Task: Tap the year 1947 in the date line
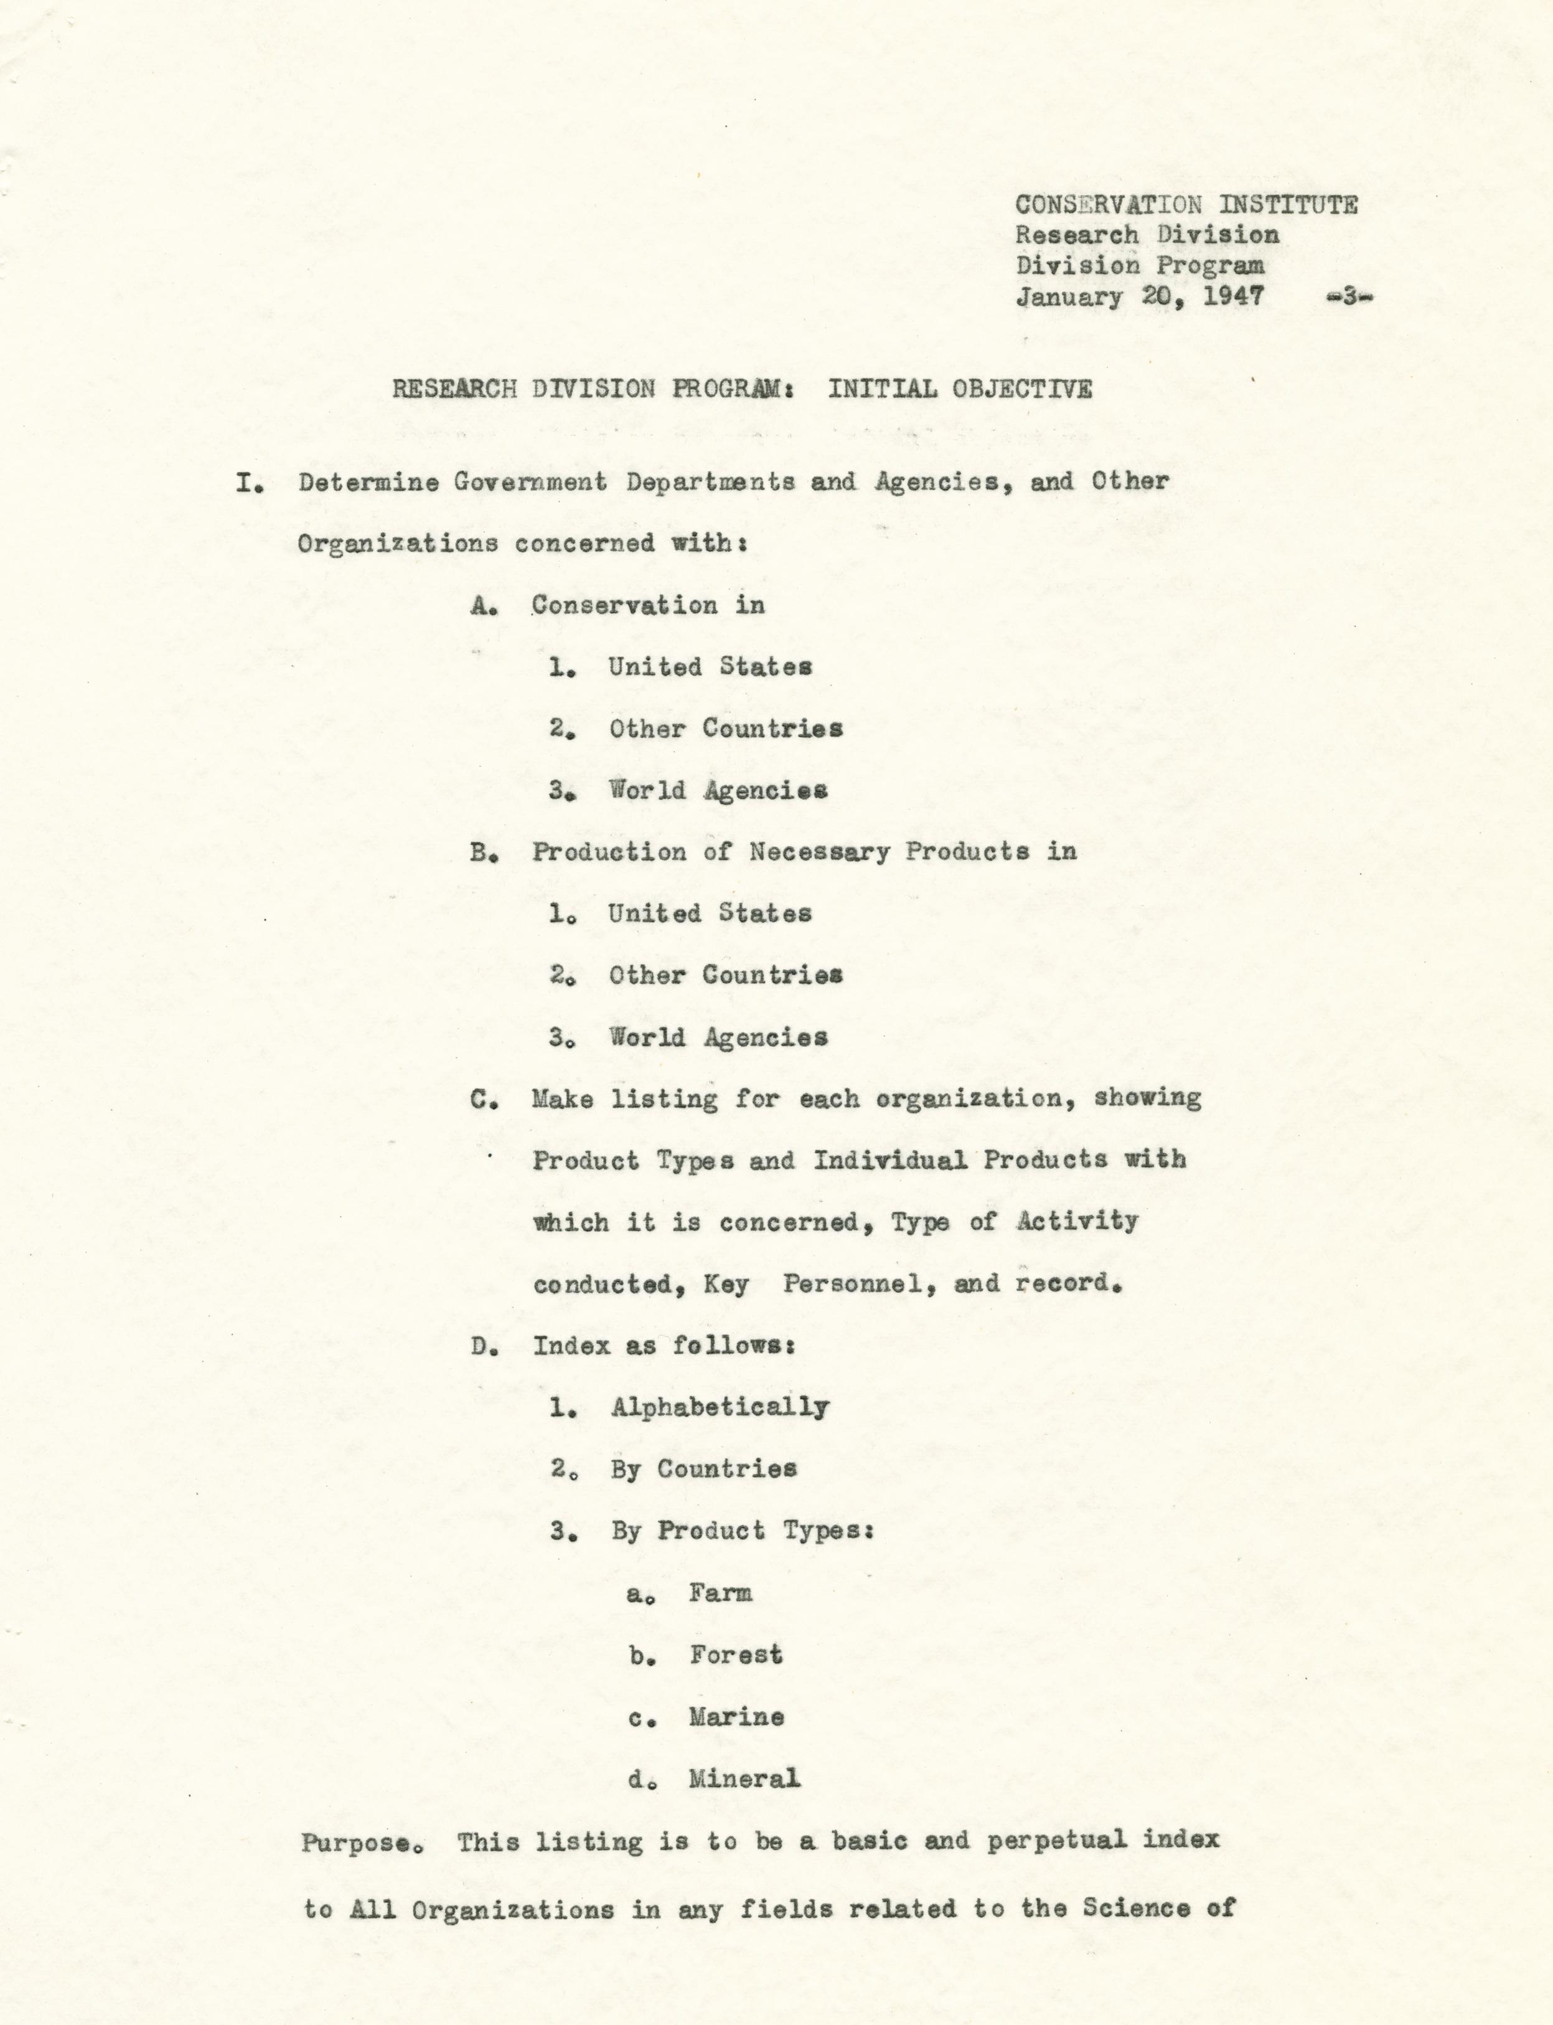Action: tap(1232, 297)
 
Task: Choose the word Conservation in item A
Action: tap(624, 606)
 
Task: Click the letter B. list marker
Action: tap(484, 852)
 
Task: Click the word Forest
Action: tap(735, 1655)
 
